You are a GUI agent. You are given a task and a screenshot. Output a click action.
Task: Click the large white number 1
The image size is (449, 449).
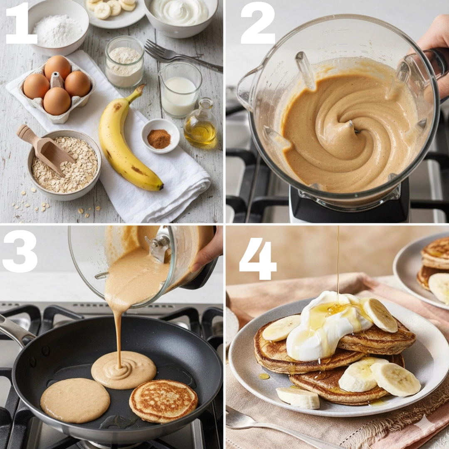22,23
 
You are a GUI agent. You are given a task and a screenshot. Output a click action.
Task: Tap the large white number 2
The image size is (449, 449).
258,23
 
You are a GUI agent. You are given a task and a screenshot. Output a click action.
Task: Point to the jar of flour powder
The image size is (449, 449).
125,62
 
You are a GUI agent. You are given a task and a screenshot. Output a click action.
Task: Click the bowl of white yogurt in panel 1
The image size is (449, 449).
180,16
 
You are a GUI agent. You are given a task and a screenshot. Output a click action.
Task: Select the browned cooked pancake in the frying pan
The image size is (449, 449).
163,401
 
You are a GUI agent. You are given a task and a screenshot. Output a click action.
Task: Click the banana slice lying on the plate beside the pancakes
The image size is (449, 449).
298,397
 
